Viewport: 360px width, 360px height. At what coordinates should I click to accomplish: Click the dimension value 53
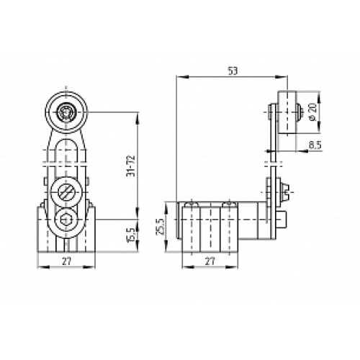[233, 71]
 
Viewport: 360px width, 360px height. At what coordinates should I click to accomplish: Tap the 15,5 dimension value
[131, 234]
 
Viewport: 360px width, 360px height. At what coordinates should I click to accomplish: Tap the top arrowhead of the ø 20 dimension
[306, 94]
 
